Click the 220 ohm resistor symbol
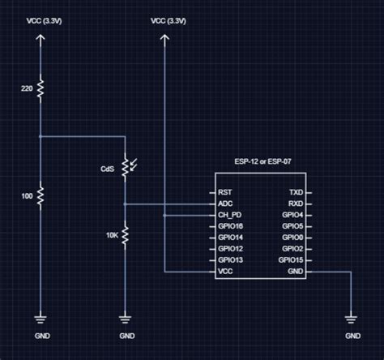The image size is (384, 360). (41, 86)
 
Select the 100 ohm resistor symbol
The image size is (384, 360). (41, 195)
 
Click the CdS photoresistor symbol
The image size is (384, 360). (125, 168)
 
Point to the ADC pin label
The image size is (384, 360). (226, 204)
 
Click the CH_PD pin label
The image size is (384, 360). (230, 216)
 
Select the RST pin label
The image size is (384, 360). (226, 193)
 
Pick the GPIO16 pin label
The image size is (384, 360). (232, 227)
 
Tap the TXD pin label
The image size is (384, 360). (297, 193)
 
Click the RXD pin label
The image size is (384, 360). (297, 204)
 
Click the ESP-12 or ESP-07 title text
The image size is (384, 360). (260, 162)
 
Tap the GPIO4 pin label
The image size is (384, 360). (293, 216)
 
